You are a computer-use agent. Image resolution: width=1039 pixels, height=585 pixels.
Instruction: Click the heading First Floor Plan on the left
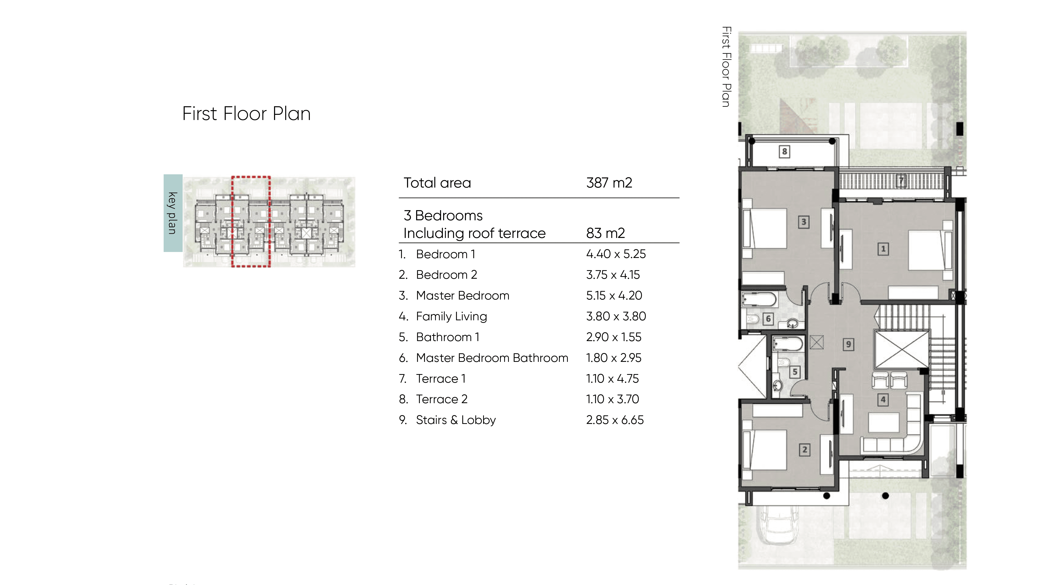coord(247,114)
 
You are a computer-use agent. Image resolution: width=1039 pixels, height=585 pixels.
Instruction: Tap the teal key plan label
coord(173,213)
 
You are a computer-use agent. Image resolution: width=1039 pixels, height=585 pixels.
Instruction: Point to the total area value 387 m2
coord(609,183)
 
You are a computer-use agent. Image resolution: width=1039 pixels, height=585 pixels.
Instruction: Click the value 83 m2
coord(605,233)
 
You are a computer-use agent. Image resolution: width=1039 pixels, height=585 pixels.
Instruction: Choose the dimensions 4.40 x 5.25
coord(616,254)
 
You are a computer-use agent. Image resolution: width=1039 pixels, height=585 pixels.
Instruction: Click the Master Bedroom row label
coord(463,295)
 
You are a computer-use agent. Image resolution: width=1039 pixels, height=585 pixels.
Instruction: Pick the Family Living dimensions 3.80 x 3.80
coord(616,316)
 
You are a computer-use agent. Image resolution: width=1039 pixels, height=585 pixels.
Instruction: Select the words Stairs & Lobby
coord(456,420)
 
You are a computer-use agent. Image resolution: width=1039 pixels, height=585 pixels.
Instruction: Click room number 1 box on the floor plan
coord(883,249)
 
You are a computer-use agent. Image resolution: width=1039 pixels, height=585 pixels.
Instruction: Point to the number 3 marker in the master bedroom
coord(803,222)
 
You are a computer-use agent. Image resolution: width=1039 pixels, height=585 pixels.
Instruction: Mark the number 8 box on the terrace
coord(784,152)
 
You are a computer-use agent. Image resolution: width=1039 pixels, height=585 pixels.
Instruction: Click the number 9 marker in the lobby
coord(848,344)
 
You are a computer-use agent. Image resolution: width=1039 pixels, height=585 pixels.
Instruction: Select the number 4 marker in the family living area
coord(883,400)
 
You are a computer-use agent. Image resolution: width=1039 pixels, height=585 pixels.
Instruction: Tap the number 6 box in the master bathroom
coord(768,319)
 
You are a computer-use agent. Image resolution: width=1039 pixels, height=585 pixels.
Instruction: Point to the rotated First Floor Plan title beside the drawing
coord(727,67)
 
